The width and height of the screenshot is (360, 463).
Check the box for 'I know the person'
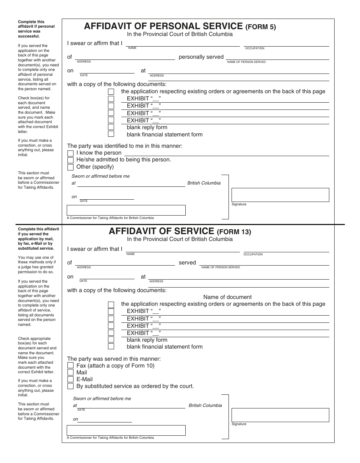click(x=70, y=153)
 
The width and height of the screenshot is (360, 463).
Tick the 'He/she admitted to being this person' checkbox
click(x=70, y=160)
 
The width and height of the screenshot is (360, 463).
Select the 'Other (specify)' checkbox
click(x=70, y=167)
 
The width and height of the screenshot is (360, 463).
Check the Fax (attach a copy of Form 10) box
click(x=70, y=366)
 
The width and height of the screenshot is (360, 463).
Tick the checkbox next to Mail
click(x=70, y=372)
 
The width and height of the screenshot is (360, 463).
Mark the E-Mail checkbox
click(x=70, y=379)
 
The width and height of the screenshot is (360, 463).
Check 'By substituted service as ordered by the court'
click(x=70, y=386)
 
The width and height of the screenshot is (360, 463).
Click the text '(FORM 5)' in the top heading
click(x=261, y=27)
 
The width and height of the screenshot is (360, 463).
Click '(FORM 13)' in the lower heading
click(x=234, y=232)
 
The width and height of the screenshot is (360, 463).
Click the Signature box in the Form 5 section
click(x=280, y=195)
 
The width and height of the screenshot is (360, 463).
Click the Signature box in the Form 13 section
click(x=280, y=415)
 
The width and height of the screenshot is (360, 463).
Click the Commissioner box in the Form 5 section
click(x=126, y=210)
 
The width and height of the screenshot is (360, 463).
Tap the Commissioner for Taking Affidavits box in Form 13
click(x=126, y=430)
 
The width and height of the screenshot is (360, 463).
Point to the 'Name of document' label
click(x=227, y=297)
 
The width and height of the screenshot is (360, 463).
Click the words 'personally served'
click(x=201, y=57)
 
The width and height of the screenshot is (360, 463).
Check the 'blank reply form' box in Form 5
click(x=111, y=127)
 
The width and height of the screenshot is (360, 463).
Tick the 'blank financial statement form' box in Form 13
click(x=111, y=346)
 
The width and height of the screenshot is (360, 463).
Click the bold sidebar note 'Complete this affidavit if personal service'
click(x=31, y=29)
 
